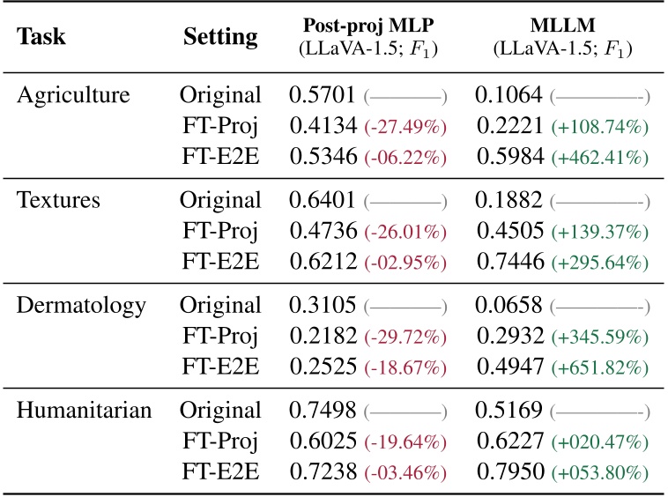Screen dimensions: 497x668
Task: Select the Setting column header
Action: [220, 37]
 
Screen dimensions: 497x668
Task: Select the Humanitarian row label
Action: [85, 410]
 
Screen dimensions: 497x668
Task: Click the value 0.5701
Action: [323, 94]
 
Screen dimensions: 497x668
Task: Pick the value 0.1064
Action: [508, 94]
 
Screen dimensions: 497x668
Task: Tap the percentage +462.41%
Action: [600, 159]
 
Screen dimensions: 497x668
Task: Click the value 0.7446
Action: [508, 263]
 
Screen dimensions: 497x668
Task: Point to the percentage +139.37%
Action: [600, 232]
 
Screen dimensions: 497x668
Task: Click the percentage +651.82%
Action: [600, 369]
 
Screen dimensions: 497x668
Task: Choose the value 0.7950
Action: [508, 474]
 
